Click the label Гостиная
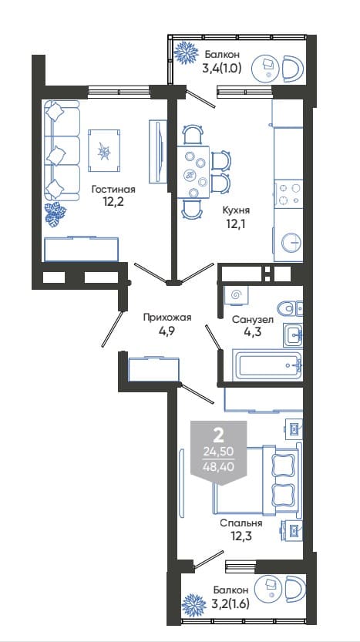click(x=113, y=190)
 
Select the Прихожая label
click(x=167, y=317)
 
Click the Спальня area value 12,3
click(x=241, y=536)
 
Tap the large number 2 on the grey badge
click(x=219, y=436)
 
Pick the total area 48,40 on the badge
click(x=219, y=466)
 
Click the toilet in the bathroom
click(x=290, y=308)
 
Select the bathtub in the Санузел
click(x=267, y=365)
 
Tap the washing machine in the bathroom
click(x=237, y=294)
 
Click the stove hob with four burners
click(x=288, y=193)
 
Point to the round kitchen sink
click(x=291, y=242)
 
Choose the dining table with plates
click(x=193, y=172)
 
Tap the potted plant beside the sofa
click(x=56, y=214)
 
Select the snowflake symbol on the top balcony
click(x=187, y=52)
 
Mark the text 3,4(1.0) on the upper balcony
click(x=221, y=68)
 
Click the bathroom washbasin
click(x=293, y=334)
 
